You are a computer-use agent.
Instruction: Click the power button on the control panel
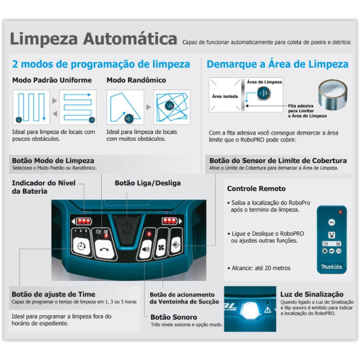coord(126,228)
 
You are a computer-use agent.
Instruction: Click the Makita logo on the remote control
coord(331,267)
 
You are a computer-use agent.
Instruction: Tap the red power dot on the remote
coord(340,212)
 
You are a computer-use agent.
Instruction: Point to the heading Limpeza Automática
coord(93,39)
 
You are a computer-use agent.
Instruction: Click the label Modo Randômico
coord(136,80)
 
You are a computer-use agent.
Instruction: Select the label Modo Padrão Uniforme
coord(52,80)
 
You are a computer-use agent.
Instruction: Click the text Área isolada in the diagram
coord(225,96)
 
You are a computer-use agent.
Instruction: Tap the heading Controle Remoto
coord(256,189)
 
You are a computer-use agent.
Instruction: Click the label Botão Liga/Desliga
coord(148,183)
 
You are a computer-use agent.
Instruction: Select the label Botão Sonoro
coord(174,317)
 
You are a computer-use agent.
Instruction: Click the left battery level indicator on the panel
coord(83,221)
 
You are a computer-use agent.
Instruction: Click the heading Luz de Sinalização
coord(312,294)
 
